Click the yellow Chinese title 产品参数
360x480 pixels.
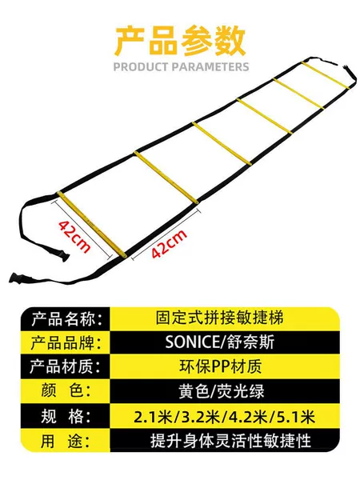(181, 41)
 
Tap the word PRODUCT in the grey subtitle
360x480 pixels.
(141, 66)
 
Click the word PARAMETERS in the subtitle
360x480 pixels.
(210, 66)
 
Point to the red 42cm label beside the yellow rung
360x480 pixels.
(74, 236)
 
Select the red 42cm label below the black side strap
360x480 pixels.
(170, 244)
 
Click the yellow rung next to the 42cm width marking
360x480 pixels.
(92, 224)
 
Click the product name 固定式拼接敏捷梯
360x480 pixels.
(220, 318)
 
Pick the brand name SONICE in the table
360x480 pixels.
(192, 342)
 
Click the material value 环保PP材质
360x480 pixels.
(221, 366)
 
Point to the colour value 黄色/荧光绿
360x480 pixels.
(222, 391)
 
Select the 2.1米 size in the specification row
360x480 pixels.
(153, 417)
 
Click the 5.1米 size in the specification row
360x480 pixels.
(296, 417)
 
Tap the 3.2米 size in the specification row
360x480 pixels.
(201, 417)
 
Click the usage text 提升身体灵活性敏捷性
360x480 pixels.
(230, 441)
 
